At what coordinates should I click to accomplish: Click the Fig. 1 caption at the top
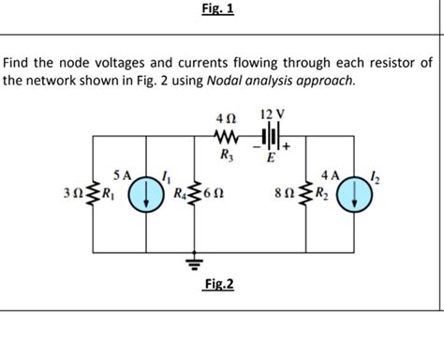tap(218, 9)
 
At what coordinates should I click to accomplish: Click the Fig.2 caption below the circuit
tap(218, 283)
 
